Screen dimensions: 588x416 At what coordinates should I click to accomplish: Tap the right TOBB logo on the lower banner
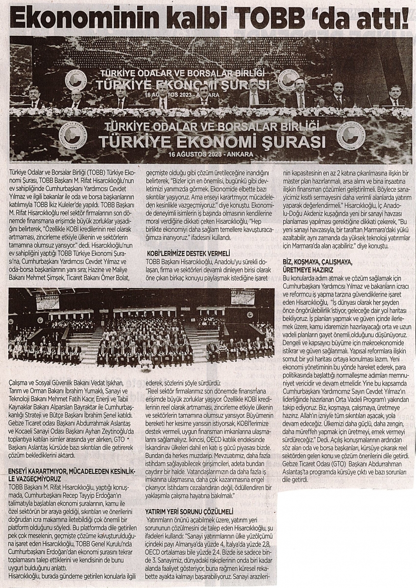[x=351, y=134]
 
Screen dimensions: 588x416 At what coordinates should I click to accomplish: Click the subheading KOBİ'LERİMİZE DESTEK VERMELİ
[x=188, y=253]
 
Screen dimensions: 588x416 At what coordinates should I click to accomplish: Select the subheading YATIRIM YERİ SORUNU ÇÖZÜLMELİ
[x=189, y=511]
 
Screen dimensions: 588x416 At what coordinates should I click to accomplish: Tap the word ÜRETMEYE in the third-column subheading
[x=305, y=270]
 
